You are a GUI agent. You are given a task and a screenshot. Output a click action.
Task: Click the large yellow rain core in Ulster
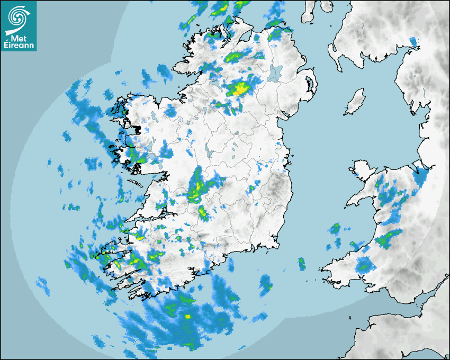[x=239, y=89]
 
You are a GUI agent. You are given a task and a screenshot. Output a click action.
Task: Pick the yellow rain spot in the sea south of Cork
[x=187, y=316]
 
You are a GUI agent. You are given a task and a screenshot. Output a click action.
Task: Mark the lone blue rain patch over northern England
[x=413, y=41]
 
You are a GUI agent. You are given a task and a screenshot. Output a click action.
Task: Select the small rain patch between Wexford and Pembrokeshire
[x=301, y=263]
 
